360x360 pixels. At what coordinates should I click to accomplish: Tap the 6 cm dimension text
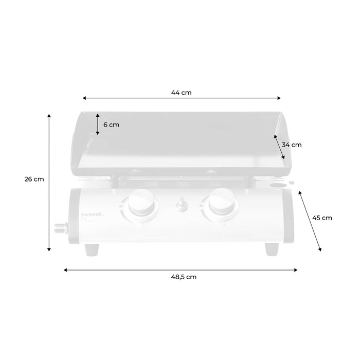coord(111,124)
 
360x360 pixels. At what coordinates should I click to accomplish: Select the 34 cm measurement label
coord(292,145)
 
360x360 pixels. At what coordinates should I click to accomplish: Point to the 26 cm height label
coord(33,179)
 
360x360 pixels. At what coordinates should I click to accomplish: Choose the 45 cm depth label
coord(322,218)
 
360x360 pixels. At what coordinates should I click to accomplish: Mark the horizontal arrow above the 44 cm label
coord(182,98)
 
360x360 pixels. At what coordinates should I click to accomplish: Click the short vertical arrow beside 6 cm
coord(98,124)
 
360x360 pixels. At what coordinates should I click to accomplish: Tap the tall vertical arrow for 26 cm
coord(49,182)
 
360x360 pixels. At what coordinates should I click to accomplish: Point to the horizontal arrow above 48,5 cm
coord(181,269)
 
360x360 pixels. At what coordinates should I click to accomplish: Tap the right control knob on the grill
coord(221,203)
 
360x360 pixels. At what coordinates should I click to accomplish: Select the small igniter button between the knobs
coord(180,205)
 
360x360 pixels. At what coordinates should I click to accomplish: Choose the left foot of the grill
coord(93,249)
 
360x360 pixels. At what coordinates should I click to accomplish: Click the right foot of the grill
coord(272,249)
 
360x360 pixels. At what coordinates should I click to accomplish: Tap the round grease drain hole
coord(278,184)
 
